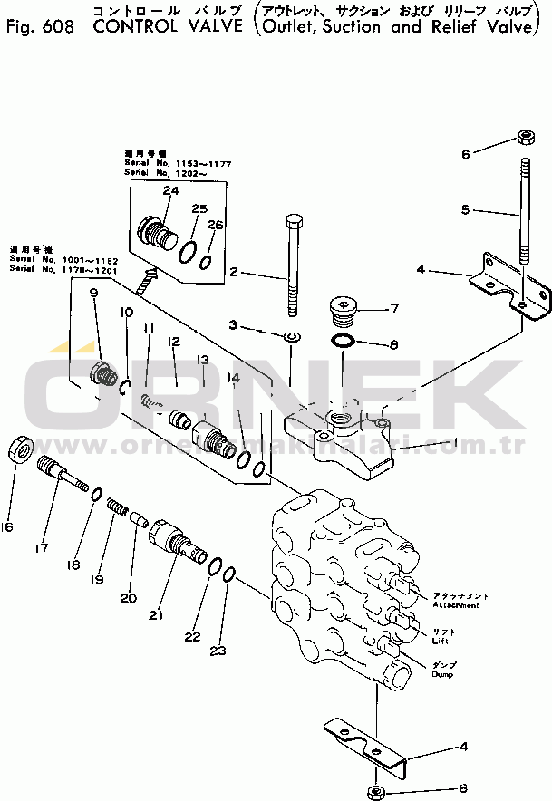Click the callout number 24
pos(170,190)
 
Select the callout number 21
pos(156,616)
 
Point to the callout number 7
pos(394,309)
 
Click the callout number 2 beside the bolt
pos(233,272)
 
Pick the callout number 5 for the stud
pos(465,209)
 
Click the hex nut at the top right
pos(524,138)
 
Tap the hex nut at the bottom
pos(380,792)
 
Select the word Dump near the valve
pos(442,674)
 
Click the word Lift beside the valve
pos(442,640)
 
